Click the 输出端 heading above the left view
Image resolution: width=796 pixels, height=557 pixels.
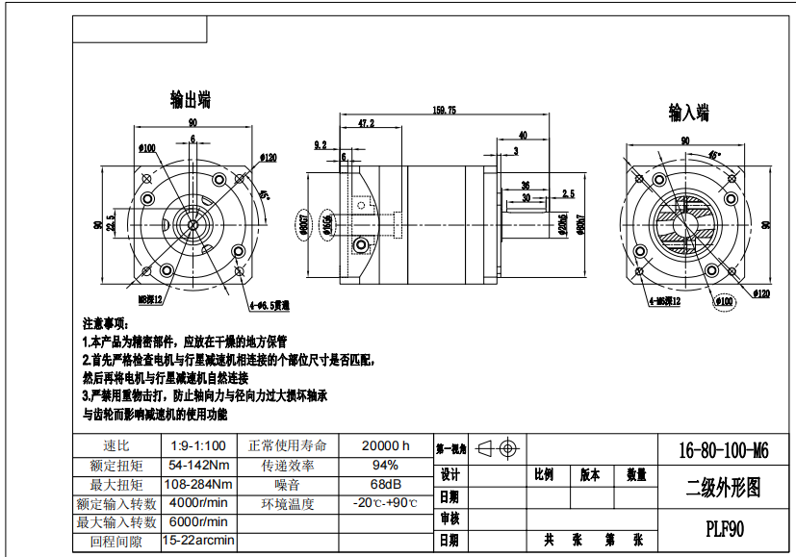(x=191, y=100)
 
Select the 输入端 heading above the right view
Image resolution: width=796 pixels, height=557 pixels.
(x=689, y=114)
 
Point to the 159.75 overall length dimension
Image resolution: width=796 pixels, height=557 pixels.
(x=445, y=111)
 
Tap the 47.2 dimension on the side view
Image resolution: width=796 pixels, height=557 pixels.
(x=366, y=124)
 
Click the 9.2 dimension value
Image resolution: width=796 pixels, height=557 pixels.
(x=321, y=144)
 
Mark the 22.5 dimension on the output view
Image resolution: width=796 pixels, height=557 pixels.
(x=111, y=224)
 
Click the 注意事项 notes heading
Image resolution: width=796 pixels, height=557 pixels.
(x=105, y=324)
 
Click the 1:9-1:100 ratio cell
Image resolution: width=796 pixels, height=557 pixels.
(x=198, y=445)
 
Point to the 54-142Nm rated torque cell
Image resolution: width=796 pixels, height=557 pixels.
(x=198, y=465)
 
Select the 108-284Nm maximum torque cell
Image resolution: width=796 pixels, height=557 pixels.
(x=198, y=484)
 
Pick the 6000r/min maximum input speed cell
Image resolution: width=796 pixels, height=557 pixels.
(x=198, y=521)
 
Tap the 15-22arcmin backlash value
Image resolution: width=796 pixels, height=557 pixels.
(x=198, y=541)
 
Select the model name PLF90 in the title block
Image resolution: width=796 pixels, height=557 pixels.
(x=721, y=528)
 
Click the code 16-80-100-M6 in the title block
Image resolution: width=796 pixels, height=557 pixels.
(x=723, y=449)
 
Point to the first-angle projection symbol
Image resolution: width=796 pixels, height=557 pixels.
(x=499, y=448)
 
